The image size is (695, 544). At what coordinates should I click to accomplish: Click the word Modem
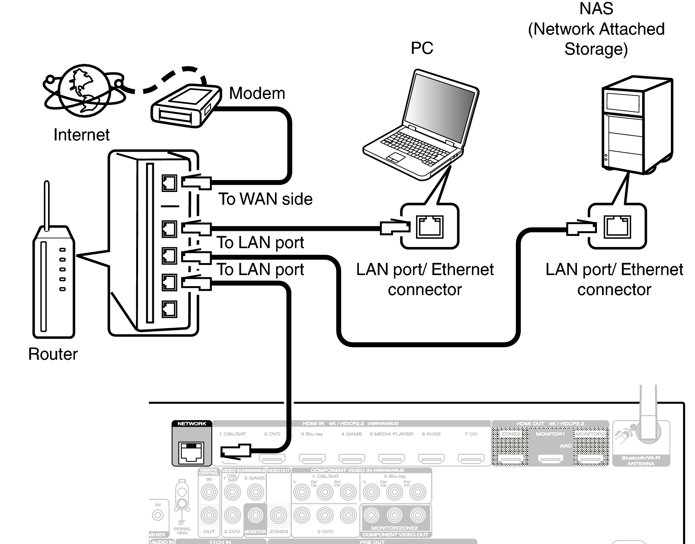click(257, 93)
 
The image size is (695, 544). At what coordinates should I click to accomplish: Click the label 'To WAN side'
click(265, 199)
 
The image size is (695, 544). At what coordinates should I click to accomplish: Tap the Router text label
click(53, 354)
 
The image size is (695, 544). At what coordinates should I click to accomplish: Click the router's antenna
click(47, 206)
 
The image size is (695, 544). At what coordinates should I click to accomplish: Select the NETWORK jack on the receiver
click(192, 451)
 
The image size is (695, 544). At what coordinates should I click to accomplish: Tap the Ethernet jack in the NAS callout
click(617, 226)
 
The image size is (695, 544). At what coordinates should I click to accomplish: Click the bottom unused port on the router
click(169, 309)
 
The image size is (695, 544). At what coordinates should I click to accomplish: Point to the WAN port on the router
click(169, 183)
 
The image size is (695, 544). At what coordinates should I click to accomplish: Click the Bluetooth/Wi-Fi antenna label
click(641, 461)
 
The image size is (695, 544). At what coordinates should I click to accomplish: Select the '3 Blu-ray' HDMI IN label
click(312, 434)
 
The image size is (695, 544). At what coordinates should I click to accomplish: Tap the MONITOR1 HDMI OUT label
click(550, 434)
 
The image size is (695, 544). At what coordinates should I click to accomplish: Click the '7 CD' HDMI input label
click(471, 434)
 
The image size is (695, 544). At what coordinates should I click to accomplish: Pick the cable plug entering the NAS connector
click(580, 228)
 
